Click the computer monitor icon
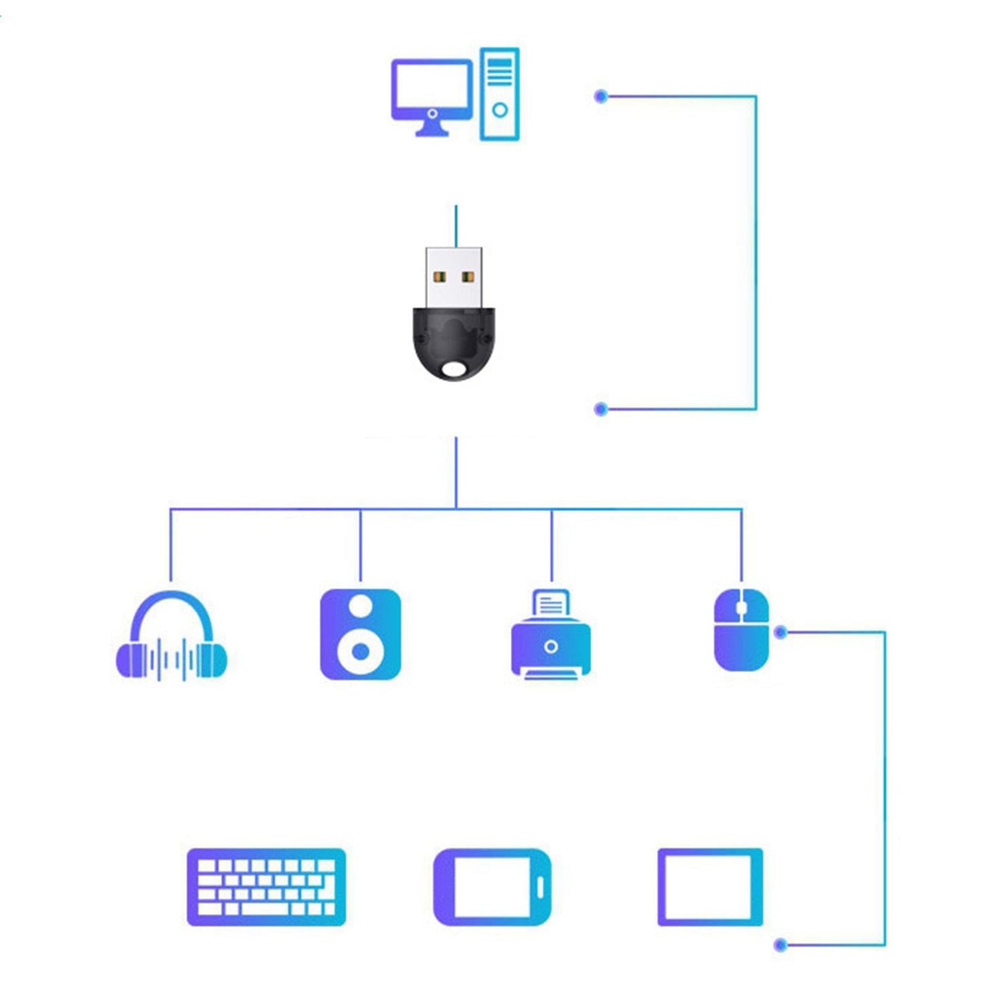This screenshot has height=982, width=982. pyautogui.click(x=432, y=92)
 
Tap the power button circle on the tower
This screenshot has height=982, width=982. pyautogui.click(x=499, y=110)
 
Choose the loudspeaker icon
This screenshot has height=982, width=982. pyautogui.click(x=360, y=634)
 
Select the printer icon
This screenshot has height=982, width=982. pyautogui.click(x=550, y=635)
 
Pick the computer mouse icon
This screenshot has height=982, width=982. pyautogui.click(x=741, y=631)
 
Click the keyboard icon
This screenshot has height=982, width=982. pyautogui.click(x=266, y=887)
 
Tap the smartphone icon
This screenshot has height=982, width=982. pyautogui.click(x=492, y=887)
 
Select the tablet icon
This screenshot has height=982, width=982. pyautogui.click(x=709, y=887)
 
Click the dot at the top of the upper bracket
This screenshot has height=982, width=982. pyautogui.click(x=601, y=97)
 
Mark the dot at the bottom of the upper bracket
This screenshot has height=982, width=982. pyautogui.click(x=601, y=409)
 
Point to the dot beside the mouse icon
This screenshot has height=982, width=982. pyautogui.click(x=781, y=633)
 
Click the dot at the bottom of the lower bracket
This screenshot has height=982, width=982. pyautogui.click(x=781, y=945)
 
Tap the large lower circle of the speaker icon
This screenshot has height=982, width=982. pyautogui.click(x=361, y=652)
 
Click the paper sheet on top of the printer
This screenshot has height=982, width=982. pyautogui.click(x=550, y=603)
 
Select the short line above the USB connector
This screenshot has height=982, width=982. pyautogui.click(x=456, y=226)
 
